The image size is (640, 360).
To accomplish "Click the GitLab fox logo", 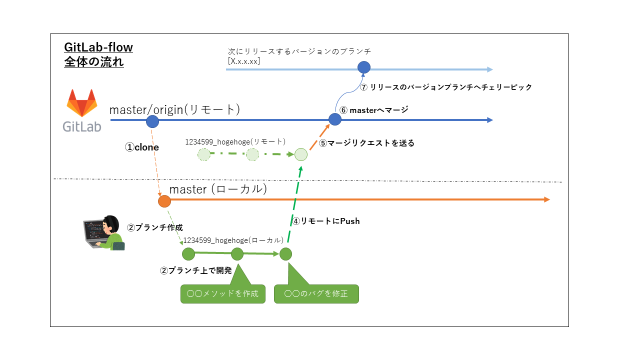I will click(82, 103).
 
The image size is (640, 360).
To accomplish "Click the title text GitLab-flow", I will click(98, 47).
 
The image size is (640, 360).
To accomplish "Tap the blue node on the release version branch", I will click(364, 67).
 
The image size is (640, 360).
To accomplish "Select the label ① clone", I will click(142, 147).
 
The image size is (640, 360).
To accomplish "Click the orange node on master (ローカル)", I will click(164, 201).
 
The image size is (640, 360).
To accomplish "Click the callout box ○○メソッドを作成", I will click(222, 293).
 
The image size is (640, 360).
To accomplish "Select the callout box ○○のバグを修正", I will click(316, 293).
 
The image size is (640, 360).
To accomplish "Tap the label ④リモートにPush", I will click(326, 220).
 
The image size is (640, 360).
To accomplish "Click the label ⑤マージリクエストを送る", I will click(367, 143).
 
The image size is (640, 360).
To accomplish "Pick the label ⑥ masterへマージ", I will click(374, 110).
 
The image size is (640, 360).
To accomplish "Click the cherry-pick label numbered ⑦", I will click(445, 87).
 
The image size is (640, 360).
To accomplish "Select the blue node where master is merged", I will click(334, 119).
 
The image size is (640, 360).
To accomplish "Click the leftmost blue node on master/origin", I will click(152, 121).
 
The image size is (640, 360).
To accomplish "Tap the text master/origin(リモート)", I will click(174, 109).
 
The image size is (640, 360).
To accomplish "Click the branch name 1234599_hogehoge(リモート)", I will click(235, 141).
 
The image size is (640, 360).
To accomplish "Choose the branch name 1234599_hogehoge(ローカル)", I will click(233, 240).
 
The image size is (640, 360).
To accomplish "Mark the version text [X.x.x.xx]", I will click(243, 61).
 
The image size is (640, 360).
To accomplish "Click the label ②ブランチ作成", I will click(154, 227).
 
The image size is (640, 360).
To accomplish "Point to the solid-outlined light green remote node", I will click(300, 154).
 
